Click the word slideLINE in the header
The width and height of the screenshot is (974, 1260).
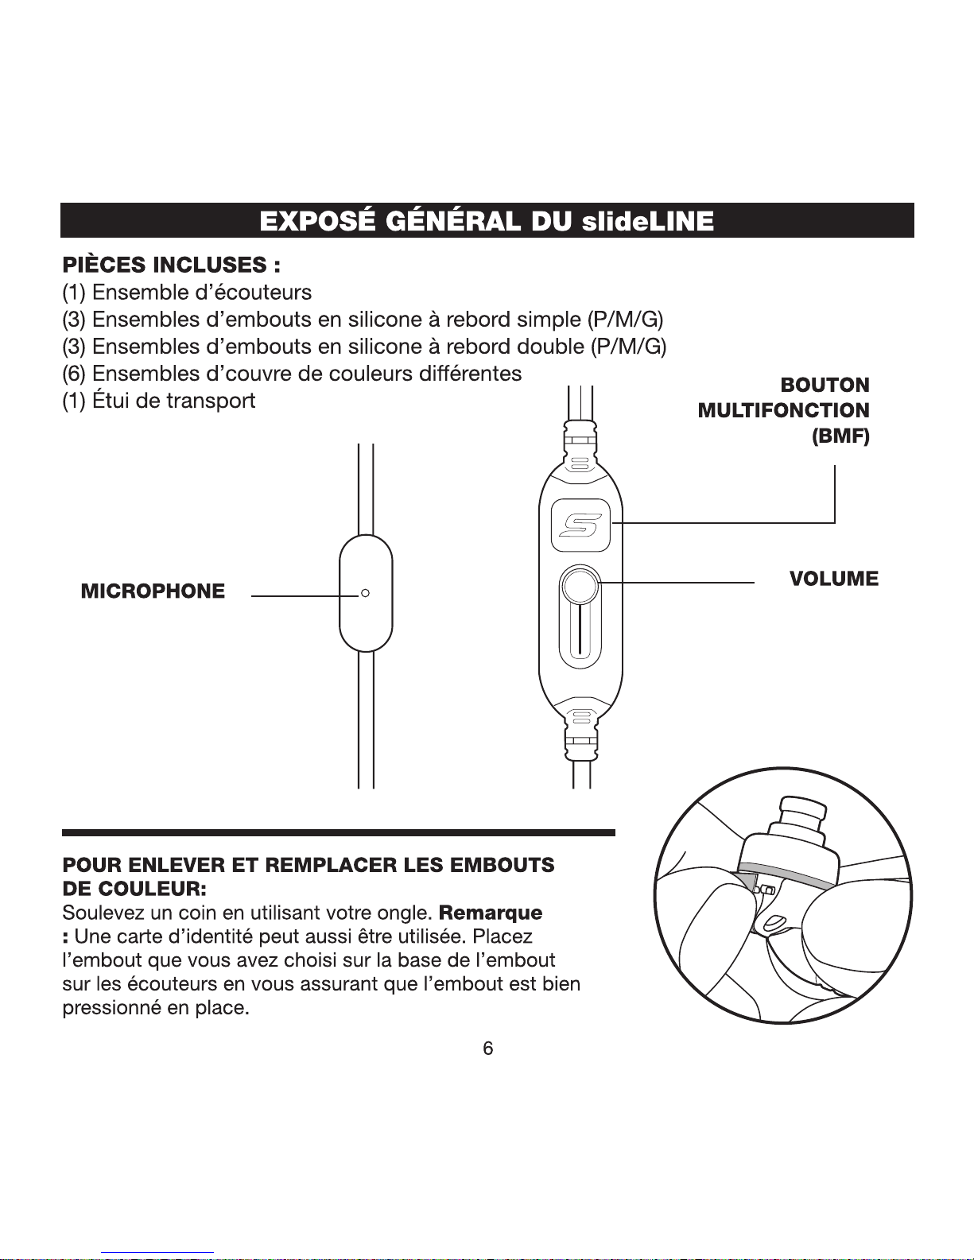coord(647,221)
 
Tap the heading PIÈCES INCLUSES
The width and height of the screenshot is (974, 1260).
coord(172,265)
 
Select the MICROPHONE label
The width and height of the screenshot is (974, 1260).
coord(153,591)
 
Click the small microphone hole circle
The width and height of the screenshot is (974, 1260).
coord(365,592)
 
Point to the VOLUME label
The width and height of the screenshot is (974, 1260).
coord(834,578)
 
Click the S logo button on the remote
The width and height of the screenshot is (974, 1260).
coord(580,525)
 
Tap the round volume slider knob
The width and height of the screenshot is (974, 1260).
coord(580,586)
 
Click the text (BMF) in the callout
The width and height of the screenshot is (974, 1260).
coord(840,436)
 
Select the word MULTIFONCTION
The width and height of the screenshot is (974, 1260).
coord(784,410)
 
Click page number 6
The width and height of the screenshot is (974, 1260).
coord(488,1048)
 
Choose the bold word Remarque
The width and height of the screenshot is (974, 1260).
coord(491,912)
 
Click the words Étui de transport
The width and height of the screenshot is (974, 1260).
coord(174,401)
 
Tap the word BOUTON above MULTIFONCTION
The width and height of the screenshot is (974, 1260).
coord(825,385)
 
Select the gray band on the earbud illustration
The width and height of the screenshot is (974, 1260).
coord(823,874)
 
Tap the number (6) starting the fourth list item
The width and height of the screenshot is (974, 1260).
coord(74,374)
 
